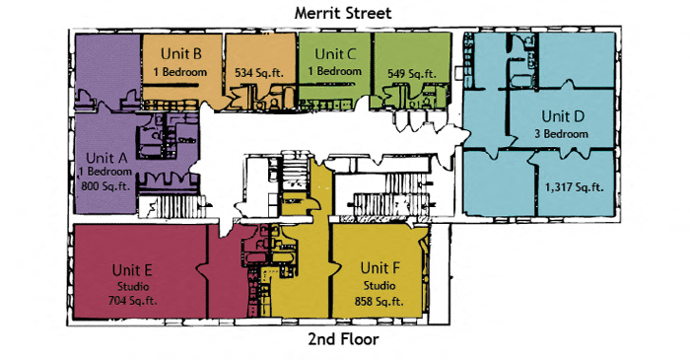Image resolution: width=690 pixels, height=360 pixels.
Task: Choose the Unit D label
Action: pyautogui.click(x=565, y=115)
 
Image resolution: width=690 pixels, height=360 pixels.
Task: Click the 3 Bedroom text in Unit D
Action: pyautogui.click(x=565, y=132)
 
